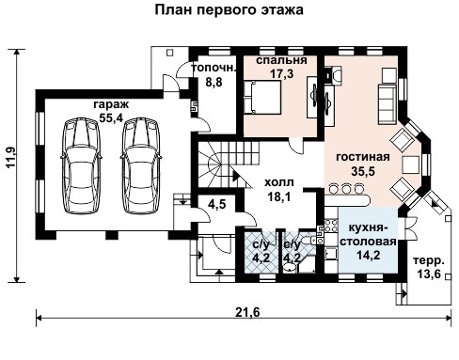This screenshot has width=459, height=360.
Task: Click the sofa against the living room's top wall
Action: point(387,97)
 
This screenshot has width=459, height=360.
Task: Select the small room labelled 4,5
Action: point(217,203)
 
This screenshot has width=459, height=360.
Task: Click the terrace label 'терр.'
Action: point(431,261)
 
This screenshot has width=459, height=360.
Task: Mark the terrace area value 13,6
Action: point(431,274)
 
